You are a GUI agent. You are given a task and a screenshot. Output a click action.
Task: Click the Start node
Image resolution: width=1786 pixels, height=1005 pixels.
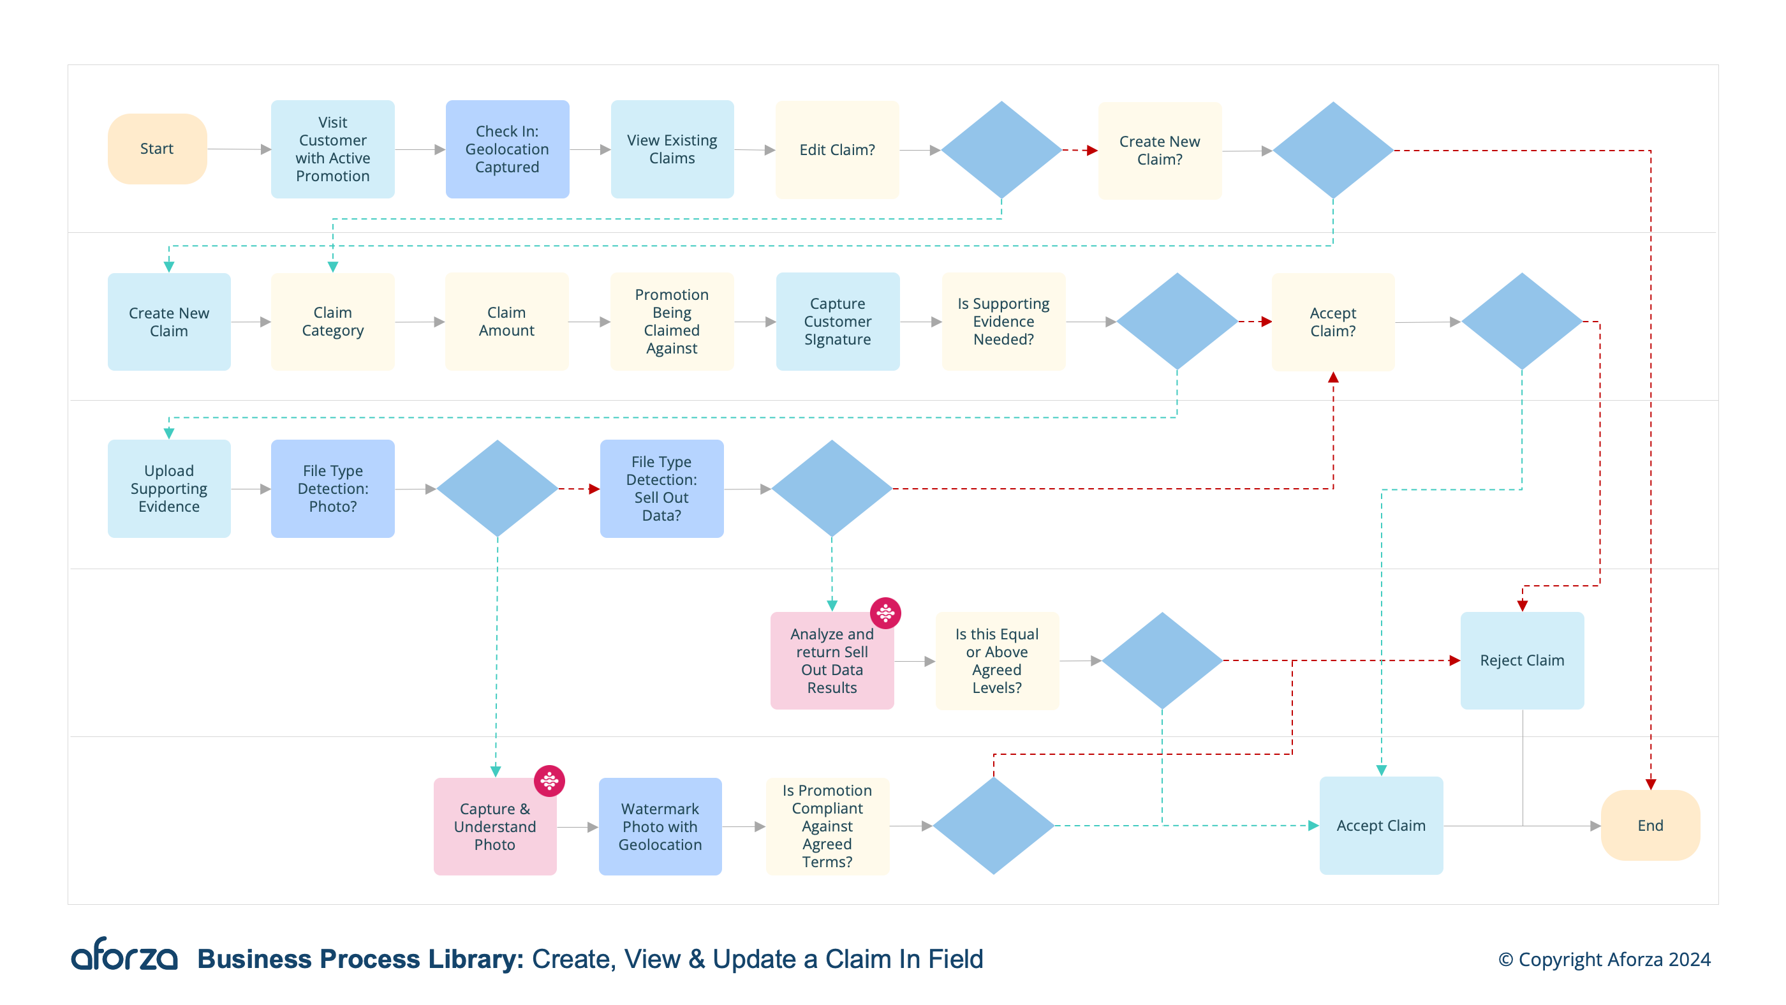(x=157, y=149)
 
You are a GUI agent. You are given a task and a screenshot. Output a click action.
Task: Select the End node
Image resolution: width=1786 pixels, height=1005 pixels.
(x=1649, y=824)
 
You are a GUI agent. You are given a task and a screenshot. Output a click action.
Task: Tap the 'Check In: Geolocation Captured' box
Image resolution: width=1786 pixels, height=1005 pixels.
(x=507, y=149)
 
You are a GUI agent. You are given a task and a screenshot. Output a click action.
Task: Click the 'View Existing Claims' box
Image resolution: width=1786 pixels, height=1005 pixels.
(x=672, y=149)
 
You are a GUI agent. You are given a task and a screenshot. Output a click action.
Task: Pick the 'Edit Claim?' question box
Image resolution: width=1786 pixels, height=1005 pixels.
(x=837, y=150)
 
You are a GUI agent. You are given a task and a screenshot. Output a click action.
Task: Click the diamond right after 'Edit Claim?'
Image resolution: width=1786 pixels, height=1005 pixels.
(x=1001, y=150)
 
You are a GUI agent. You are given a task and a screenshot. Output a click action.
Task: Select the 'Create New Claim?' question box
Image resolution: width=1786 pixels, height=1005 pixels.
(x=1159, y=151)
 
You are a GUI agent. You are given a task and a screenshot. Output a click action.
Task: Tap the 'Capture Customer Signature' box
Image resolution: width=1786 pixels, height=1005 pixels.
(x=837, y=321)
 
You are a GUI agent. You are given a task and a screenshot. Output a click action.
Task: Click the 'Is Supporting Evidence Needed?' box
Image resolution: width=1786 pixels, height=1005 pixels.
(x=1003, y=321)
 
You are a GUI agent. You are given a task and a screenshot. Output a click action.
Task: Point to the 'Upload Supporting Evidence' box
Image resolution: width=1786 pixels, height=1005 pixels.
(x=168, y=488)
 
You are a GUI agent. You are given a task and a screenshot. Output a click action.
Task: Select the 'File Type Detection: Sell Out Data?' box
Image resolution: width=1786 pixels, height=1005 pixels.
(x=661, y=488)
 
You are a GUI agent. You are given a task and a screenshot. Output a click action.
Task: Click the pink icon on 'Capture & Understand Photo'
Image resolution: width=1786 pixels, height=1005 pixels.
(x=549, y=781)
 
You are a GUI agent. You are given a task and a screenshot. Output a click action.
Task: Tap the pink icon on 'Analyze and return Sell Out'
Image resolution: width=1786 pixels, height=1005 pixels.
(x=885, y=613)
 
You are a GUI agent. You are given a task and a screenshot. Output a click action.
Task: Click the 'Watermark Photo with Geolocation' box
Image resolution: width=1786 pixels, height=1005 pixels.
(x=660, y=826)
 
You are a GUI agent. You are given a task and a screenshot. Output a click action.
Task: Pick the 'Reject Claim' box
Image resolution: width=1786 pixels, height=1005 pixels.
(x=1521, y=660)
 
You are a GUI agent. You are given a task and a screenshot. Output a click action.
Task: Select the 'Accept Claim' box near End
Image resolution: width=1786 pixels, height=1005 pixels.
(x=1380, y=825)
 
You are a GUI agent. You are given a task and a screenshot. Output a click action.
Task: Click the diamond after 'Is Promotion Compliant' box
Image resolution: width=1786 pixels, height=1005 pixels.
(x=993, y=825)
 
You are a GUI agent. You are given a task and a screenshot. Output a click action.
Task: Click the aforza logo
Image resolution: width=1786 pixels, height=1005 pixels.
(x=125, y=956)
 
